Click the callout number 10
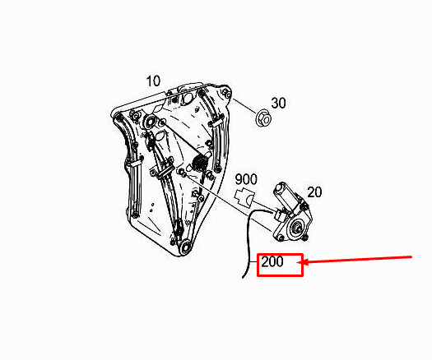point(153,81)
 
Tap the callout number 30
point(279,103)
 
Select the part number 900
point(246,179)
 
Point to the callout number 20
point(314,192)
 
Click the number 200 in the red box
point(272,261)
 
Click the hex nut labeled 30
point(264,118)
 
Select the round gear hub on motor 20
point(297,228)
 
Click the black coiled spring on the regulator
point(200,163)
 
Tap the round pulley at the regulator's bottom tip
point(186,246)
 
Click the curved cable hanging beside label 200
point(249,242)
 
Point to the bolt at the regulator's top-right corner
point(225,92)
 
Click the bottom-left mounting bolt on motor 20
point(281,238)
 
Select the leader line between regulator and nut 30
point(245,106)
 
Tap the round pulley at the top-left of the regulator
point(150,121)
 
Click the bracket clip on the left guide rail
point(134,164)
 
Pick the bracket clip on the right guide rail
point(218,121)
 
